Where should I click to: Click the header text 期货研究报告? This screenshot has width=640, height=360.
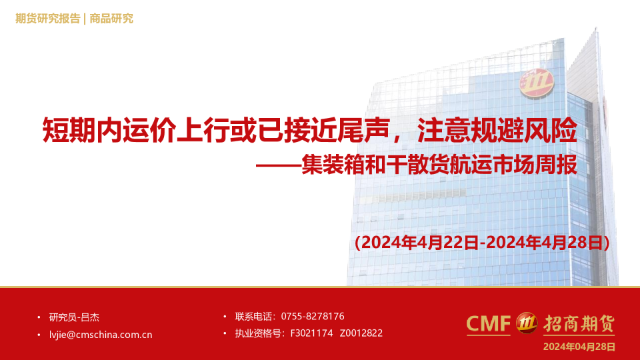pyautogui.click(x=48, y=19)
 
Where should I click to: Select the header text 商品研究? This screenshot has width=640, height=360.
pyautogui.click(x=111, y=19)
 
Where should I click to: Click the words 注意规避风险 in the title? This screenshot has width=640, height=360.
pyautogui.click(x=497, y=131)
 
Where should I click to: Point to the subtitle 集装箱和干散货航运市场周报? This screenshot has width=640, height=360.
pyautogui.click(x=439, y=165)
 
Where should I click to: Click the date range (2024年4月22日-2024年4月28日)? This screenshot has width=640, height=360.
pyautogui.click(x=482, y=243)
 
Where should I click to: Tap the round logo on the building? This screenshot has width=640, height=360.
pyautogui.click(x=536, y=83)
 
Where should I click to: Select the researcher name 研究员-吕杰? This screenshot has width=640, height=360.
pyautogui.click(x=74, y=317)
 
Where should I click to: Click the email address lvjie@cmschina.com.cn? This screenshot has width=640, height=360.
pyautogui.click(x=101, y=335)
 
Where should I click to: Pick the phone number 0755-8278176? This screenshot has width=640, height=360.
pyautogui.click(x=313, y=316)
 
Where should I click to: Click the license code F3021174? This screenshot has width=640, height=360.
pyautogui.click(x=311, y=333)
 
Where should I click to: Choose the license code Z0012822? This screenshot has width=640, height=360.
pyautogui.click(x=361, y=333)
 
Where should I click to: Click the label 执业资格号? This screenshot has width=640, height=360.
pyautogui.click(x=258, y=333)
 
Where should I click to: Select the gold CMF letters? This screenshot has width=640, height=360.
pyautogui.click(x=488, y=324)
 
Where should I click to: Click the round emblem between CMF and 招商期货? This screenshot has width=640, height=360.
pyautogui.click(x=527, y=323)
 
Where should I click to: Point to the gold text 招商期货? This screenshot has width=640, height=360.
pyautogui.click(x=579, y=324)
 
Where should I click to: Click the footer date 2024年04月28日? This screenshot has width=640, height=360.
pyautogui.click(x=579, y=347)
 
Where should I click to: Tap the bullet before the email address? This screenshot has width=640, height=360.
pyautogui.click(x=39, y=335)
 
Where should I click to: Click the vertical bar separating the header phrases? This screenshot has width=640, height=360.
pyautogui.click(x=85, y=19)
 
